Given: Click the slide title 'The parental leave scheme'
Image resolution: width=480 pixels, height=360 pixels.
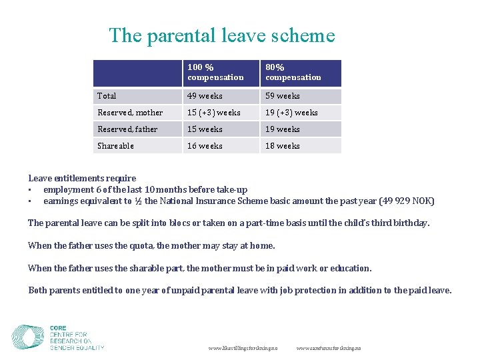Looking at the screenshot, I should tap(222, 35).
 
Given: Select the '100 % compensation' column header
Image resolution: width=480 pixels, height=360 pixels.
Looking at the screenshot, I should tap(215, 73).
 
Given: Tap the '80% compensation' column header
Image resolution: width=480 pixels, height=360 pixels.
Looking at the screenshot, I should tap(293, 73).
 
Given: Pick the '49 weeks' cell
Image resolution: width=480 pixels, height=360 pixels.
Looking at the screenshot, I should tap(205, 96).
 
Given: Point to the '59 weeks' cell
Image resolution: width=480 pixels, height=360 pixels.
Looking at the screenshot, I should tap(283, 96).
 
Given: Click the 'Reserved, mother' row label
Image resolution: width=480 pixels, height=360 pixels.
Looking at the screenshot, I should tap(130, 113).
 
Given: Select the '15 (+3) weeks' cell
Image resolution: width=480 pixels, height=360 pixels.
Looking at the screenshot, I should tap(214, 113).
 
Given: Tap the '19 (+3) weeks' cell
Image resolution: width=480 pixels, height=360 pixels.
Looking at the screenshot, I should tap(291, 113).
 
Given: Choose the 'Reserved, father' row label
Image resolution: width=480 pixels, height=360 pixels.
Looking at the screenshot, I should tap(128, 129).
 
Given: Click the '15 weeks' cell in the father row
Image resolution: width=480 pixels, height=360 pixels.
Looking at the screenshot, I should tap(205, 129).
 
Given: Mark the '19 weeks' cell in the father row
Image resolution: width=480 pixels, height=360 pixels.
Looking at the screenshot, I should tap(283, 129).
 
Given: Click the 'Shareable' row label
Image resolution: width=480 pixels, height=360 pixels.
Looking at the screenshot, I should tap(116, 146).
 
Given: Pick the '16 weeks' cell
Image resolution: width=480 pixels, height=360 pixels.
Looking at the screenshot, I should tap(205, 146).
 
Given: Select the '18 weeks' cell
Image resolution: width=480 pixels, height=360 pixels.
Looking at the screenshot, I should tap(283, 146).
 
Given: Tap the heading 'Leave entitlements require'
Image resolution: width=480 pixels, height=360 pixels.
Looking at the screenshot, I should tap(82, 178).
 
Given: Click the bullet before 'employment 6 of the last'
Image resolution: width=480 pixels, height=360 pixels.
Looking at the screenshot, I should tap(31, 190).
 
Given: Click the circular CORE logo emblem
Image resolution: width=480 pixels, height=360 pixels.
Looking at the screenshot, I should tap(28, 337).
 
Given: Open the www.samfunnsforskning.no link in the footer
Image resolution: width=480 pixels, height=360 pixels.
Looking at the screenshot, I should tap(329, 349).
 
